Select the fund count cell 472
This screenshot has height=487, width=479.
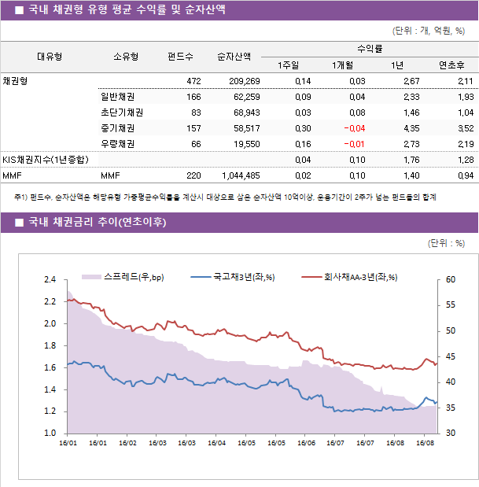(193, 81)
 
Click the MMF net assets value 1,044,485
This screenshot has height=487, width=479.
(238, 175)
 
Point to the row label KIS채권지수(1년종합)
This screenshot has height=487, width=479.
(45, 160)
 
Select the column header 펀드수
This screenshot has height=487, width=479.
(180, 57)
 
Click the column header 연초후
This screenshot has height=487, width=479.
(451, 65)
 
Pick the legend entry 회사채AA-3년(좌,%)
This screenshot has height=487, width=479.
(360, 276)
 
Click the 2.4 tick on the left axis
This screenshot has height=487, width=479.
(50, 279)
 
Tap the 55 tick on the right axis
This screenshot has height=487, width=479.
(450, 304)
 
